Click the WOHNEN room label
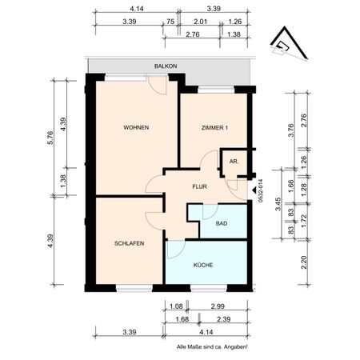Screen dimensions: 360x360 point(136,128)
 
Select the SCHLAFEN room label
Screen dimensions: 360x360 point(129,244)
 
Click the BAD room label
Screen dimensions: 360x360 point(220,226)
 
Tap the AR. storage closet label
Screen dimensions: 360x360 point(234,162)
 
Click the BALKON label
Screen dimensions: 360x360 point(166,67)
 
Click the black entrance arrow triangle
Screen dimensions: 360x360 point(254,190)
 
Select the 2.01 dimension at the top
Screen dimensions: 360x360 point(201,22)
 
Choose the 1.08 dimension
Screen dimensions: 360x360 point(178,306)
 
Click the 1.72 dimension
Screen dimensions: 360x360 point(305,217)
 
